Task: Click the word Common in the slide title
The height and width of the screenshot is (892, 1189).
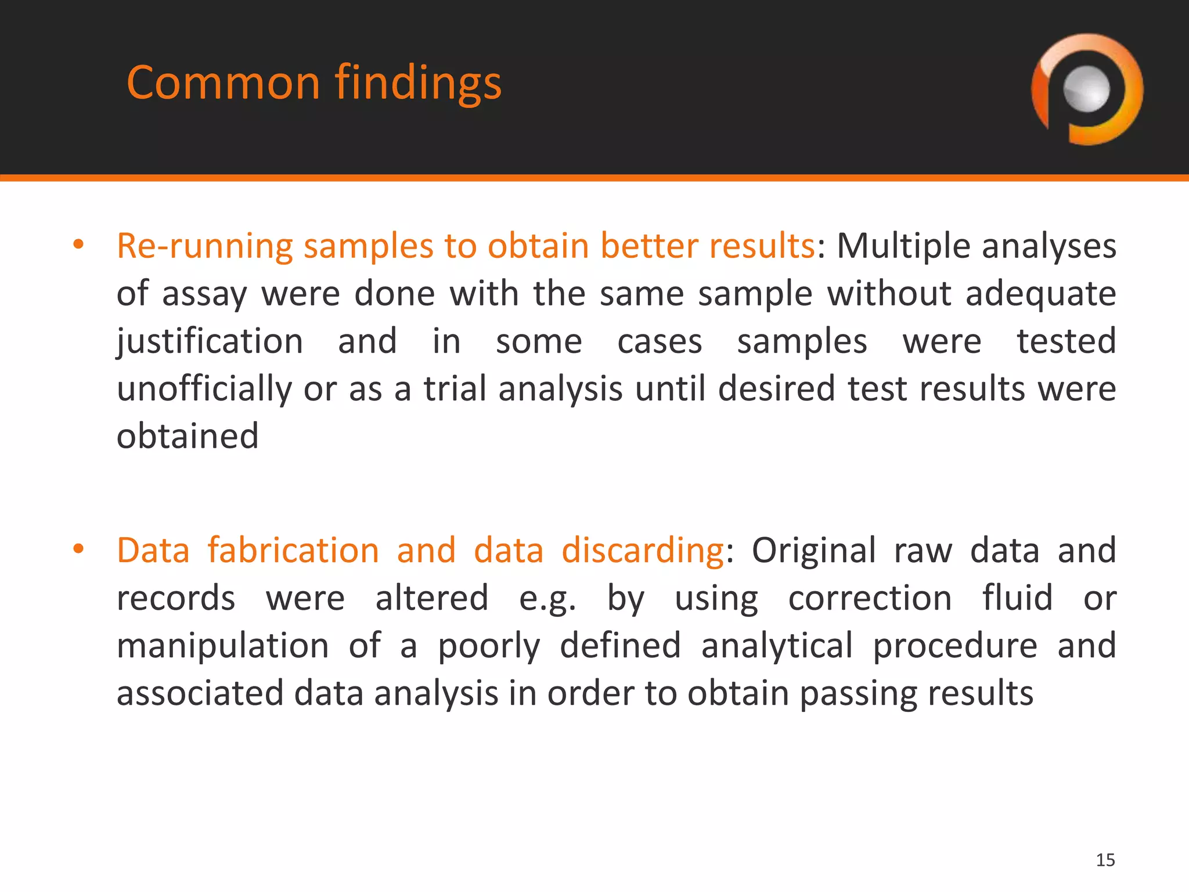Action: coord(224,83)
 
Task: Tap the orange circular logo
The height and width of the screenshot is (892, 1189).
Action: coord(1087,89)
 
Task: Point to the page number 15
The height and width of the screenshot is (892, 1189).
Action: coord(1105,859)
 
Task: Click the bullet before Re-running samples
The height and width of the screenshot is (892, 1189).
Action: coord(78,245)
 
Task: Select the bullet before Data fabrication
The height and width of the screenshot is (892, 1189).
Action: coord(78,549)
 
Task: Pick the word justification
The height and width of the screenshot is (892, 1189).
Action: coord(210,341)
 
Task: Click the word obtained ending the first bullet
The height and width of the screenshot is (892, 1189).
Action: coord(188,436)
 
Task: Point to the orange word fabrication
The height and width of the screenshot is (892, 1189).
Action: coord(293,550)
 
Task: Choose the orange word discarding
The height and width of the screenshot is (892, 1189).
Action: coord(642,551)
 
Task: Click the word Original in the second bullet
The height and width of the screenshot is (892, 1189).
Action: coord(813,550)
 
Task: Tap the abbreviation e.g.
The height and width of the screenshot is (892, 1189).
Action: coord(547,599)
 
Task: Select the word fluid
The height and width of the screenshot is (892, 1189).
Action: coord(1017,598)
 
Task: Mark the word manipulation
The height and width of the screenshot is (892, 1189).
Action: coord(223,646)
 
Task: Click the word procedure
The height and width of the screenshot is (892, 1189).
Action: coord(954,646)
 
